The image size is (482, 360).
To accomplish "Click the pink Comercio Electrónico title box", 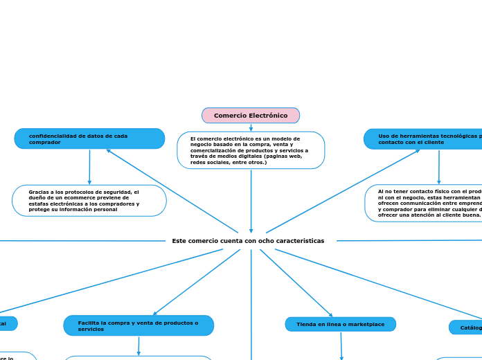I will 251,116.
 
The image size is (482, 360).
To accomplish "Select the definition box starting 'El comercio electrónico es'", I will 251,150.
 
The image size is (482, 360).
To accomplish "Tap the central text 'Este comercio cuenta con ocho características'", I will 248,241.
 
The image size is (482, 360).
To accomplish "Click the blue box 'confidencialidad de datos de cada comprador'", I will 89,139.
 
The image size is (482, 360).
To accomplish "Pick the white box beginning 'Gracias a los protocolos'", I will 89,201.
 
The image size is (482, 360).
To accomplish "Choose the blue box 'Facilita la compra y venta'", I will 139,326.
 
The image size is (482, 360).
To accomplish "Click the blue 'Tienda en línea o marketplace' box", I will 340,324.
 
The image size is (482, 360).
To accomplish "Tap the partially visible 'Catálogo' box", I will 468,327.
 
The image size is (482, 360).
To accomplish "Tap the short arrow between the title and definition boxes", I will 251,127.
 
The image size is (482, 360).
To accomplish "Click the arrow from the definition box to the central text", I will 251,201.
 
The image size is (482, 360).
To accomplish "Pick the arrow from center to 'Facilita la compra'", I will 197,282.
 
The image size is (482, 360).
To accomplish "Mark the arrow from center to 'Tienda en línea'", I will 296,282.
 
